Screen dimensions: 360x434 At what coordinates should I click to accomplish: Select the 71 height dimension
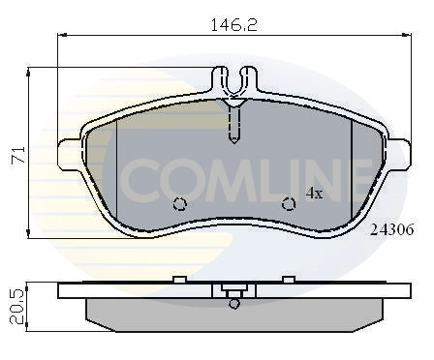16,152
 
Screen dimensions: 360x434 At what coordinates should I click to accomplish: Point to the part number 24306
392,229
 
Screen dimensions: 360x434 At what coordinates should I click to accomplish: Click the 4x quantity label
314,193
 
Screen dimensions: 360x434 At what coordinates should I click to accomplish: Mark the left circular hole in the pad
178,203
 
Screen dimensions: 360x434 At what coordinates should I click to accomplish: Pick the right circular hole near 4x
288,203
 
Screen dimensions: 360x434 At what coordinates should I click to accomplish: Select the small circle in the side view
232,304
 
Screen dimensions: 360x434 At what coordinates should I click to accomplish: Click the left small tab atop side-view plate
178,280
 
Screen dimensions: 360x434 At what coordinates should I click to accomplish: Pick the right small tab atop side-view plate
288,280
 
